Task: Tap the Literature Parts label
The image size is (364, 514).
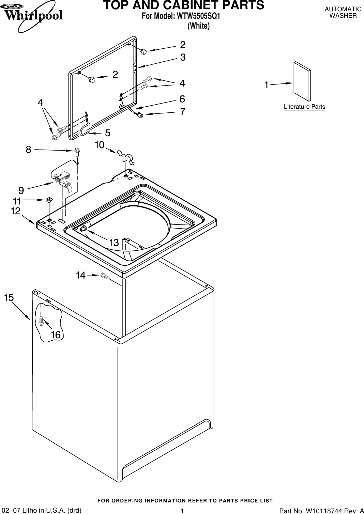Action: click(304, 107)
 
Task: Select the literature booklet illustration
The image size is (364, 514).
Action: click(302, 82)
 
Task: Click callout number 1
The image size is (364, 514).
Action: click(267, 85)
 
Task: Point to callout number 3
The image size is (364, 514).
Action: click(183, 58)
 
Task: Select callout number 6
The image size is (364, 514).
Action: click(182, 99)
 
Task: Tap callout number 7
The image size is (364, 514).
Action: click(183, 111)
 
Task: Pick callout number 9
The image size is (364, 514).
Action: click(21, 189)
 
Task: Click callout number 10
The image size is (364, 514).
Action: click(100, 145)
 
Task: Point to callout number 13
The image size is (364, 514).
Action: click(114, 243)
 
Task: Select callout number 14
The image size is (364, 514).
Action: click(81, 275)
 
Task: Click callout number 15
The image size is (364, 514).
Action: click(9, 297)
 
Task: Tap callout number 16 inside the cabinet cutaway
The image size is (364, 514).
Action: click(56, 335)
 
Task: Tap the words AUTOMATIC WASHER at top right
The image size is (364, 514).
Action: click(343, 12)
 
